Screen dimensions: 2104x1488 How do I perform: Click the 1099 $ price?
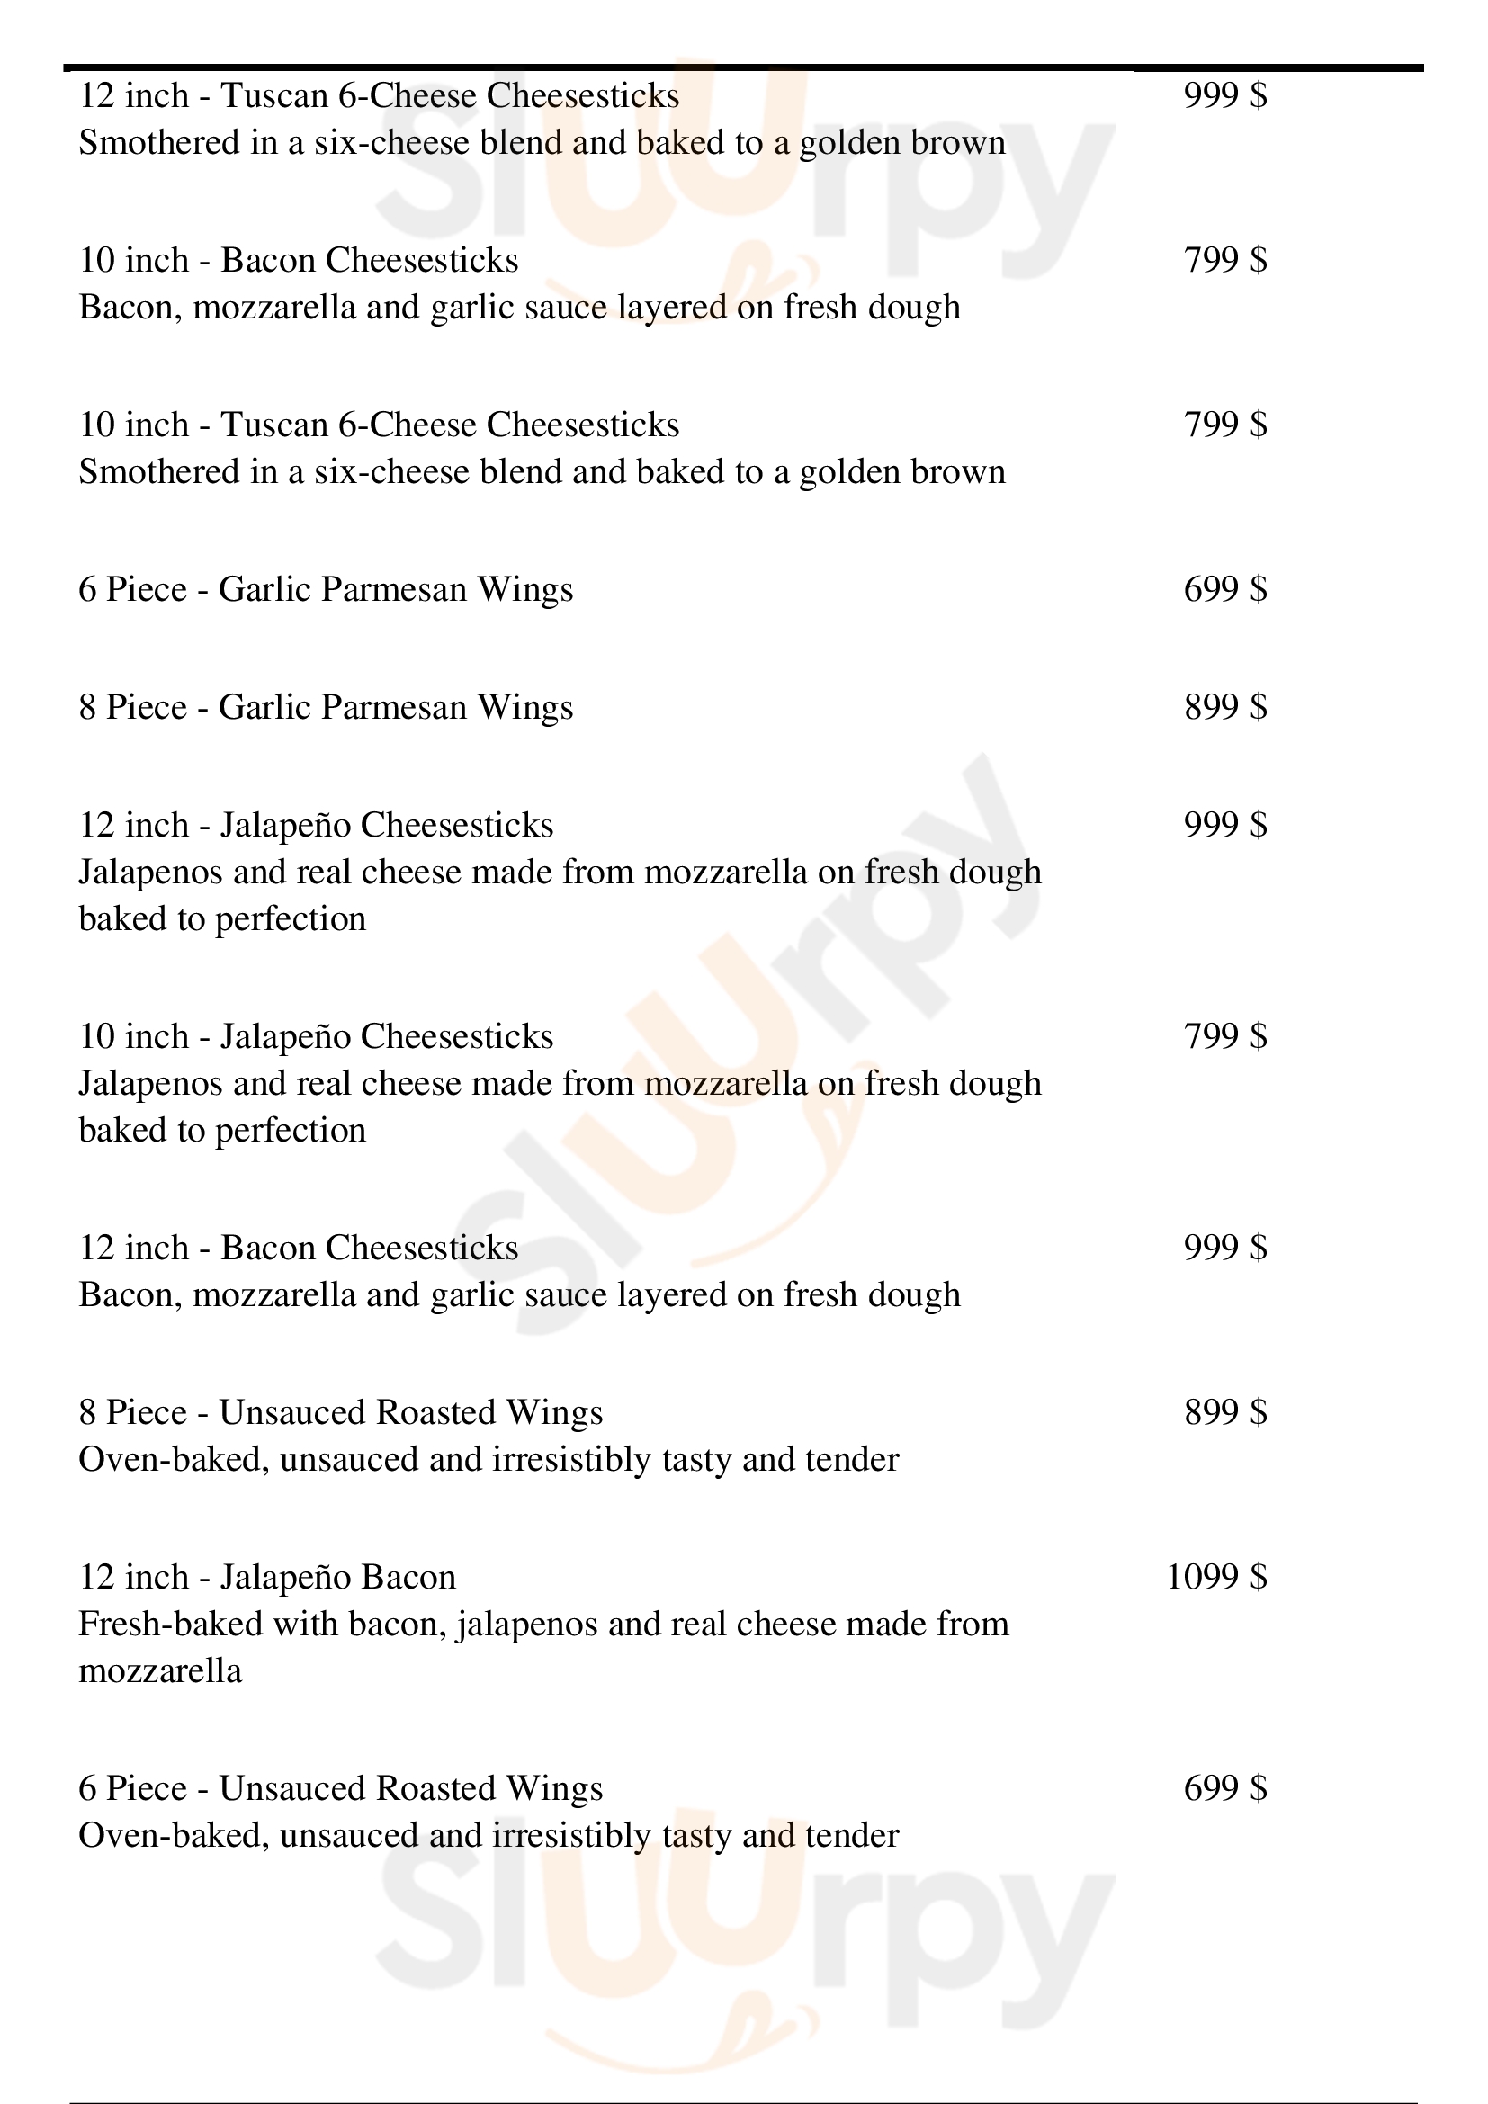point(1216,1577)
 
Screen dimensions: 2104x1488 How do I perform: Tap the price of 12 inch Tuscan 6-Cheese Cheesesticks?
point(1225,95)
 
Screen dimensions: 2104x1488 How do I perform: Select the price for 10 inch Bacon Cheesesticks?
point(1225,260)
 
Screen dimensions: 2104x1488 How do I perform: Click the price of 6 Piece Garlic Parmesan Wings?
point(1225,589)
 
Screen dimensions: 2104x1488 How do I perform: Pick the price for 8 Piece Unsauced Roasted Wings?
point(1225,1412)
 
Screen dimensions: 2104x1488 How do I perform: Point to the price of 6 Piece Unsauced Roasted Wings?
point(1225,1788)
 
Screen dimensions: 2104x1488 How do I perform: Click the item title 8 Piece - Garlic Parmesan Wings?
point(326,707)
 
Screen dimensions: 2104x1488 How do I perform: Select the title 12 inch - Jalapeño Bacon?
point(266,1577)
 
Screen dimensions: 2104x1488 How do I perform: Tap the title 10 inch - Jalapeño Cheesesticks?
point(315,1036)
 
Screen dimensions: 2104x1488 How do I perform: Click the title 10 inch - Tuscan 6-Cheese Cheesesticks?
point(379,425)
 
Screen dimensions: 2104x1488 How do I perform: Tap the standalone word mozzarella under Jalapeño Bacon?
point(160,1671)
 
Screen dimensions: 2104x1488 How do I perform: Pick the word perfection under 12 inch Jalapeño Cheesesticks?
point(291,919)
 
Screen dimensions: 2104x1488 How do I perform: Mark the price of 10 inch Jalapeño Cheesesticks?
point(1225,1036)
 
